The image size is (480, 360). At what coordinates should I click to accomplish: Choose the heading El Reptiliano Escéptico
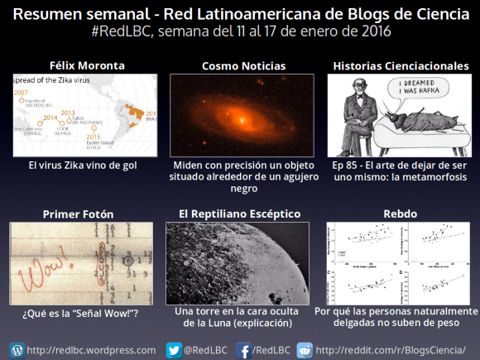(239, 214)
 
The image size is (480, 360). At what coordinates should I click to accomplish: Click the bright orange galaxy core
(241, 121)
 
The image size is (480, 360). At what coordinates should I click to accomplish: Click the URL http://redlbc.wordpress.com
(91, 349)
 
